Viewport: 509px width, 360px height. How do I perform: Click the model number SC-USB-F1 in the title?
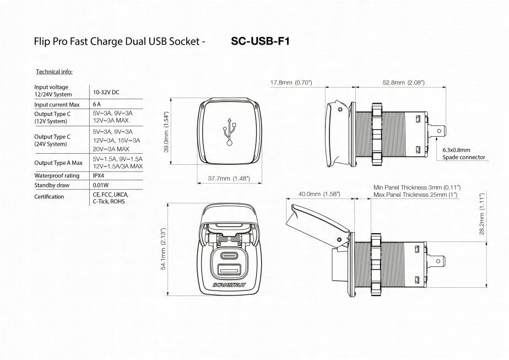tap(260, 41)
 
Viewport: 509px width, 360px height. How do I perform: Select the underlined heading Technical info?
tap(54, 72)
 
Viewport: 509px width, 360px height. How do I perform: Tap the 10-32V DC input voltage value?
tap(106, 92)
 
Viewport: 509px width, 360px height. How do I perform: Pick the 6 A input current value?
tap(97, 104)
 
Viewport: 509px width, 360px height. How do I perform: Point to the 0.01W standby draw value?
tap(101, 185)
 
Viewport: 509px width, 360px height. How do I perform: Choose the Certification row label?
tap(49, 197)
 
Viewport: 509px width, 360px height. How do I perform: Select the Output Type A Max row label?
tap(58, 163)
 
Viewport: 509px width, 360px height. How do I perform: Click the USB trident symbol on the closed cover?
tap(230, 132)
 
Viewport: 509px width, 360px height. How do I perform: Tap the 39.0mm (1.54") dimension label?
tap(166, 132)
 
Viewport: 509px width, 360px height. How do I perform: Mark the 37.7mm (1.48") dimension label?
tap(229, 179)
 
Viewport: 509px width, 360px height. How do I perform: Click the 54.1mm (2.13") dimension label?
tap(163, 249)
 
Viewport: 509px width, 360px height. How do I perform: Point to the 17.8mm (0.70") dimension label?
tap(291, 83)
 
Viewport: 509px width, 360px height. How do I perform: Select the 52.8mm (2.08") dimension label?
tap(403, 83)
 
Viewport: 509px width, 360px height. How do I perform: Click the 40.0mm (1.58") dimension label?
tap(319, 194)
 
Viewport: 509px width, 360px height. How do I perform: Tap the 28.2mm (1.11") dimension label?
tap(481, 214)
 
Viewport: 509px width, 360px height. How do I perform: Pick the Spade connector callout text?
tap(464, 157)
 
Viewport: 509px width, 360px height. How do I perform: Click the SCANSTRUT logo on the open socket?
tap(230, 285)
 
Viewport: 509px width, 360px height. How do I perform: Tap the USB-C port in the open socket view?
tap(230, 255)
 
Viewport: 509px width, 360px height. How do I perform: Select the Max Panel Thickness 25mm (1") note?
tap(415, 195)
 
